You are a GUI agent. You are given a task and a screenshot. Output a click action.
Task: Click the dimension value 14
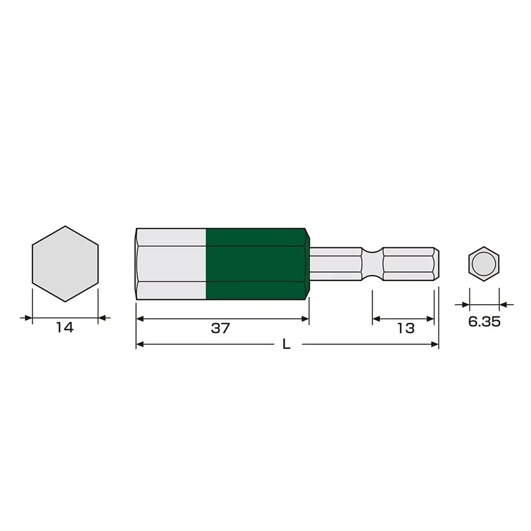(64, 328)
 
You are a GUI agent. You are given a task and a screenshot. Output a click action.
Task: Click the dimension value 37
(220, 328)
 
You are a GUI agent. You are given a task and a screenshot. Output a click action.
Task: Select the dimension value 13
(405, 328)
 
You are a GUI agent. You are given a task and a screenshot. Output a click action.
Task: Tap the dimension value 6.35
(484, 321)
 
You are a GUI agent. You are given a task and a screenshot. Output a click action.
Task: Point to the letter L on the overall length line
(287, 344)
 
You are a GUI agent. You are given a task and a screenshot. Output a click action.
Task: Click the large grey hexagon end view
(65, 264)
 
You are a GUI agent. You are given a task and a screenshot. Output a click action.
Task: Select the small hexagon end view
(484, 264)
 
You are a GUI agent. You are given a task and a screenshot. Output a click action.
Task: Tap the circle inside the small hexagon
(484, 264)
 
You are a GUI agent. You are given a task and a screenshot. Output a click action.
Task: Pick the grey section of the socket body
(171, 264)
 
